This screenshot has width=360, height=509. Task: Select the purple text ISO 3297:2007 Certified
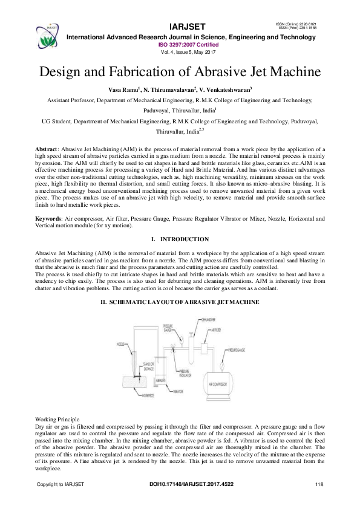coord(188,45)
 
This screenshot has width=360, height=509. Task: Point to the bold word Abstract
coord(46,148)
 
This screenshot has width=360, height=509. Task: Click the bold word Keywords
coord(48,218)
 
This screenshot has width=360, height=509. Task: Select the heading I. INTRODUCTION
coord(180,240)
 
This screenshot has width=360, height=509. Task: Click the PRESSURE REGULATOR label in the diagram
coord(183,375)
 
